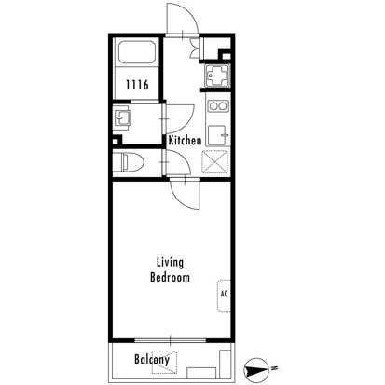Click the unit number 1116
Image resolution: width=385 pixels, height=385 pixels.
point(137,85)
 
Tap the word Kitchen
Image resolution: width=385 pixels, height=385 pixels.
point(185,141)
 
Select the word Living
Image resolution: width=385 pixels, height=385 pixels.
point(170,263)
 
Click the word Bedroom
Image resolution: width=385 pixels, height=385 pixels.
point(170,277)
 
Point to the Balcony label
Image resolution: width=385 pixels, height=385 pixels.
point(152,360)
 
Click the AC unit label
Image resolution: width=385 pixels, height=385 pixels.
point(224,294)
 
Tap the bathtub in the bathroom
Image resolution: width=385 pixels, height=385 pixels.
point(137,52)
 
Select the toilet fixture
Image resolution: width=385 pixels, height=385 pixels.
point(128,162)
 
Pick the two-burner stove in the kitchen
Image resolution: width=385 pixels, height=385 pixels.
point(218,106)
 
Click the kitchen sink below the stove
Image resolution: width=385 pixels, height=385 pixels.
point(218,135)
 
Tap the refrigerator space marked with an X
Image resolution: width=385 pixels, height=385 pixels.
point(215,161)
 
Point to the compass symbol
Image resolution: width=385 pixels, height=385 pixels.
point(256,371)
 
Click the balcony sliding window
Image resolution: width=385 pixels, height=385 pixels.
point(171,340)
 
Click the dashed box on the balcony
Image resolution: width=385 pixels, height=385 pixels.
point(164,362)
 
